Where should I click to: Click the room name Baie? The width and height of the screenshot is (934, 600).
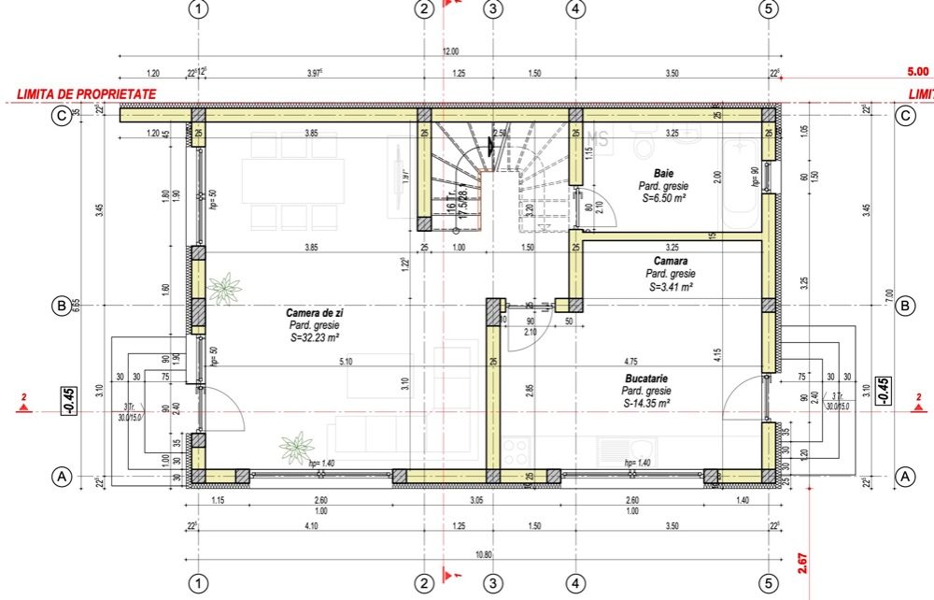663,174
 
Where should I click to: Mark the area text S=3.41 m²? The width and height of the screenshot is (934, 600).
670,287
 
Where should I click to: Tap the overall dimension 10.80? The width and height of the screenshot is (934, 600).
484,554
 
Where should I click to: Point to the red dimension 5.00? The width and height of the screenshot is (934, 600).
918,70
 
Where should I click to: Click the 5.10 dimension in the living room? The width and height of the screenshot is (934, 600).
345,361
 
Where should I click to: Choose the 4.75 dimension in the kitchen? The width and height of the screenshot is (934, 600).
630,361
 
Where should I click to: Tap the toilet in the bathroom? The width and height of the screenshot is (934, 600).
644,143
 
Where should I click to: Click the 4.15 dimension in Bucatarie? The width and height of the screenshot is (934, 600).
716,355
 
